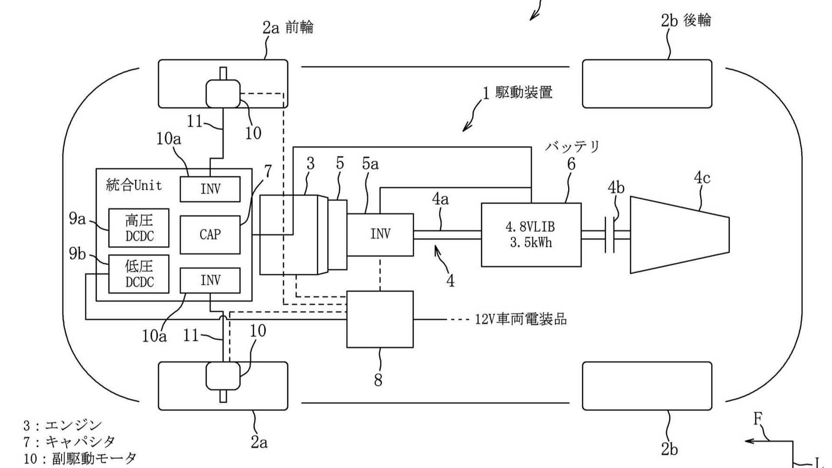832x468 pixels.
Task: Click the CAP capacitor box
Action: (x=210, y=234)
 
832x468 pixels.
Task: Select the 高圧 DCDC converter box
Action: (x=139, y=228)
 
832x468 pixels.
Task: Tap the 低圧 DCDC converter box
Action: (x=139, y=274)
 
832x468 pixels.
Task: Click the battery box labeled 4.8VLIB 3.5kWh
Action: (x=531, y=234)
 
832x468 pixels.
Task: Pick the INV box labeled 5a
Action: (x=380, y=234)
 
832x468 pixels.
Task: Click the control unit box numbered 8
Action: (x=380, y=319)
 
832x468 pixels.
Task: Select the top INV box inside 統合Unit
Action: (x=210, y=189)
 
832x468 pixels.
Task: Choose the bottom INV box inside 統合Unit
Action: (x=210, y=280)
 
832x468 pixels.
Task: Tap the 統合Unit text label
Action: (x=134, y=185)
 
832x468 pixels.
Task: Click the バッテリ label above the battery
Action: (x=572, y=146)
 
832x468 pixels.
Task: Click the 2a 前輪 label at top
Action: (x=288, y=28)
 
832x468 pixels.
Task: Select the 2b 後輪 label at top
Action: (x=686, y=20)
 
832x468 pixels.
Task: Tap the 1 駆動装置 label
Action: (x=518, y=92)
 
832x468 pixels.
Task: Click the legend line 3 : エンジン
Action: (x=62, y=425)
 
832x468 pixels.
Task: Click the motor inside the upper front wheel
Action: (x=223, y=93)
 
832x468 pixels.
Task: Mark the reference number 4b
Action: (x=616, y=188)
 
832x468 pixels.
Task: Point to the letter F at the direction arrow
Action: (x=757, y=419)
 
